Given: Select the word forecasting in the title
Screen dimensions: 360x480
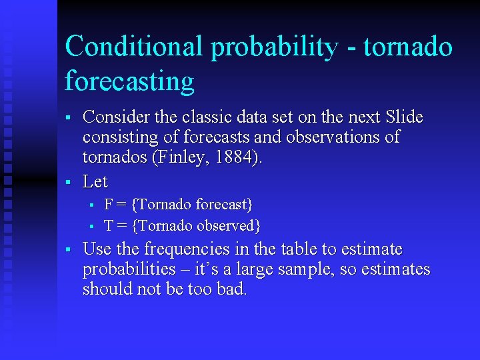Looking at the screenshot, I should (129, 81).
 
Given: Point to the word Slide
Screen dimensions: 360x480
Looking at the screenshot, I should (404, 117).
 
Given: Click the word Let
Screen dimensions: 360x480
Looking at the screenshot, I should (95, 181).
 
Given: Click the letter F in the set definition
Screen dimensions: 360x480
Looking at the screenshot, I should (109, 203).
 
